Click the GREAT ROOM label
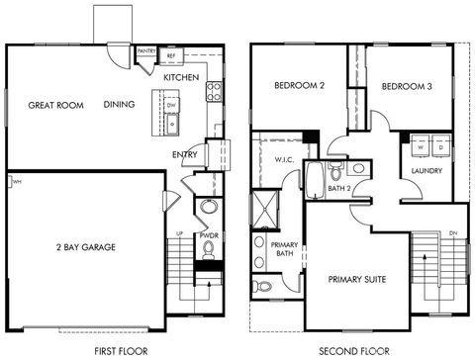click(x=55, y=105)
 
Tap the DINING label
click(x=120, y=105)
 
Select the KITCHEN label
click(x=181, y=77)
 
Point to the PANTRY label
click(x=145, y=49)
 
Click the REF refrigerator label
click(x=171, y=55)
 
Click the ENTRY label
click(x=185, y=154)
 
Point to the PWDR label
click(x=208, y=237)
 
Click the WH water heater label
click(x=17, y=182)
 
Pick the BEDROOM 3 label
click(x=407, y=86)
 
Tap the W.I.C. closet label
click(x=281, y=158)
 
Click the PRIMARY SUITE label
click(x=358, y=280)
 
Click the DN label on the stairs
click(x=451, y=233)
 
